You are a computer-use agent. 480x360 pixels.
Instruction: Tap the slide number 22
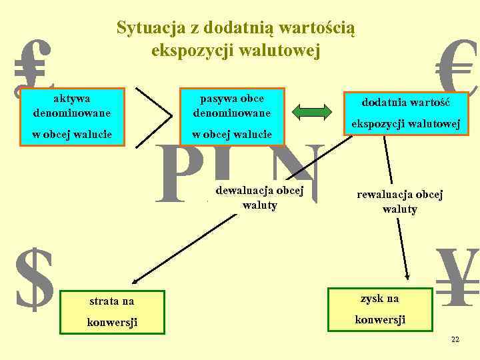[x=455, y=339]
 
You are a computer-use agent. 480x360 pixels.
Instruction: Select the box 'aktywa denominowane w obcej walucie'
[x=72, y=116]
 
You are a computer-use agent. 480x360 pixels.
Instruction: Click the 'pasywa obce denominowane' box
[x=232, y=116]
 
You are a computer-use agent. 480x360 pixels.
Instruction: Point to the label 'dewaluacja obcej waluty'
[x=259, y=197]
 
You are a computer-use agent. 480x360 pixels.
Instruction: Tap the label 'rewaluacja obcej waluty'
[x=400, y=202]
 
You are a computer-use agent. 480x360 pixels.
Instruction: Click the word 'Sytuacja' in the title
[x=145, y=28]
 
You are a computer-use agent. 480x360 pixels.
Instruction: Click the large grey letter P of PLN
[x=176, y=175]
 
